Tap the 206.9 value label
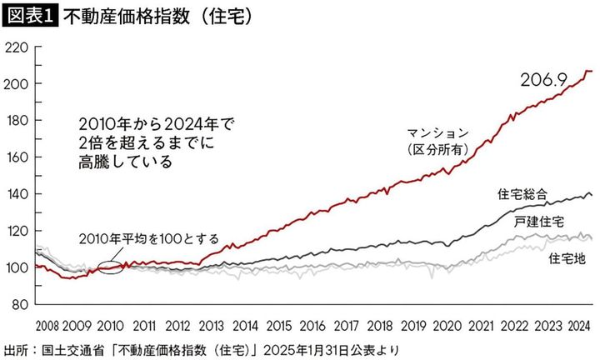pyautogui.click(x=544, y=80)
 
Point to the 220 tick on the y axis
pyautogui.click(x=16, y=47)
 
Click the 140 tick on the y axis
pyautogui.click(x=16, y=194)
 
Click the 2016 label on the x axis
pyautogui.click(x=312, y=325)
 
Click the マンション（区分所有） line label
pyautogui.click(x=438, y=141)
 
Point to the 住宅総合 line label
pyautogui.click(x=522, y=193)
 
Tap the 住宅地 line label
pyautogui.click(x=567, y=259)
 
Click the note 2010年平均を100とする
pyautogui.click(x=149, y=238)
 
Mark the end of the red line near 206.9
pyautogui.click(x=590, y=72)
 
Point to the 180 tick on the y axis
pyautogui.click(x=16, y=121)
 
